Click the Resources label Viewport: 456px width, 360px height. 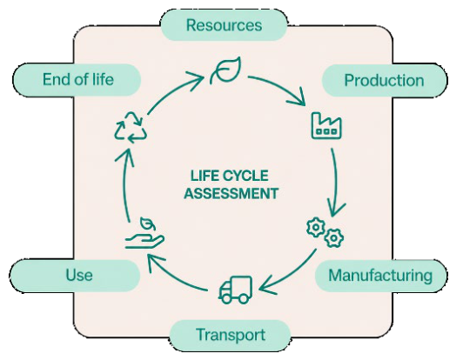pos(224,25)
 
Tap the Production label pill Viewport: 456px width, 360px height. pos(385,80)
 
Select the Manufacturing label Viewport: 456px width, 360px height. pos(380,276)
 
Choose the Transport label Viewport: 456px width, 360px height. pos(230,335)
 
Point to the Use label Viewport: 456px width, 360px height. pos(75,275)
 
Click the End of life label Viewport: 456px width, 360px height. pos(77,80)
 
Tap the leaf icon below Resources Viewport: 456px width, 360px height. pos(226,70)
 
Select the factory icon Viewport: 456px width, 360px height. pos(326,125)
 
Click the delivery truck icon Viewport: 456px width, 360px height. pos(236,290)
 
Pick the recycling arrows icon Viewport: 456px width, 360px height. pos(130,127)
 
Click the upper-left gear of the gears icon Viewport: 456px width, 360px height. pos(316,227)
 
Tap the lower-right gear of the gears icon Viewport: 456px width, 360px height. pos(334,238)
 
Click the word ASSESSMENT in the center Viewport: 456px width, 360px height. pos(231,194)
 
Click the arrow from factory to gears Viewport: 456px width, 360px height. pos(335,180)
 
